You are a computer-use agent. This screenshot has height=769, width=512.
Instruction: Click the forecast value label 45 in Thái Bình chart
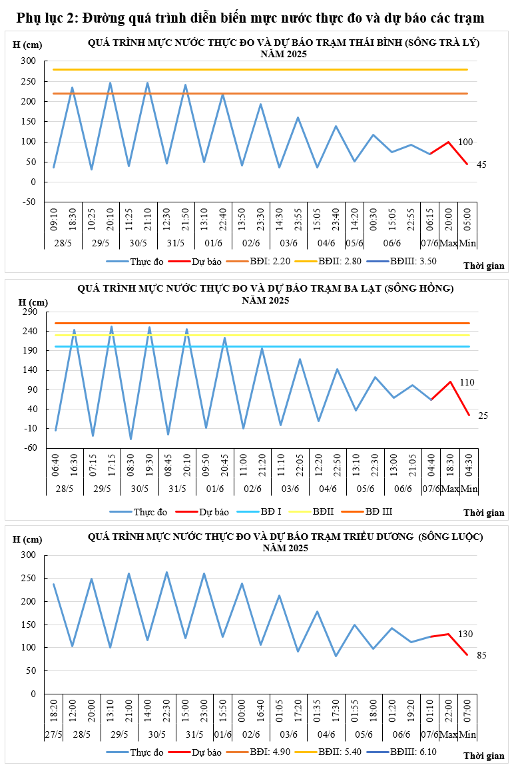(x=482, y=164)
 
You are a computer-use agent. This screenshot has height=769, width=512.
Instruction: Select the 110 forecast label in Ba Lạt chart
(x=485, y=382)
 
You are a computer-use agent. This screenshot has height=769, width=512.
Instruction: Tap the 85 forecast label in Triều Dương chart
(x=482, y=656)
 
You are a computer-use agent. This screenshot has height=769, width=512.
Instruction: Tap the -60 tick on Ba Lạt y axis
(x=31, y=447)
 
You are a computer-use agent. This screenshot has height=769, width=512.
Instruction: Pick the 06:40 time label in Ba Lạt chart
(x=56, y=463)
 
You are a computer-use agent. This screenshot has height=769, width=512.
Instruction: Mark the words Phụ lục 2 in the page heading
(x=46, y=17)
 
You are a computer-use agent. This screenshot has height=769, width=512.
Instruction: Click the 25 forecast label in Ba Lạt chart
(x=483, y=415)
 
